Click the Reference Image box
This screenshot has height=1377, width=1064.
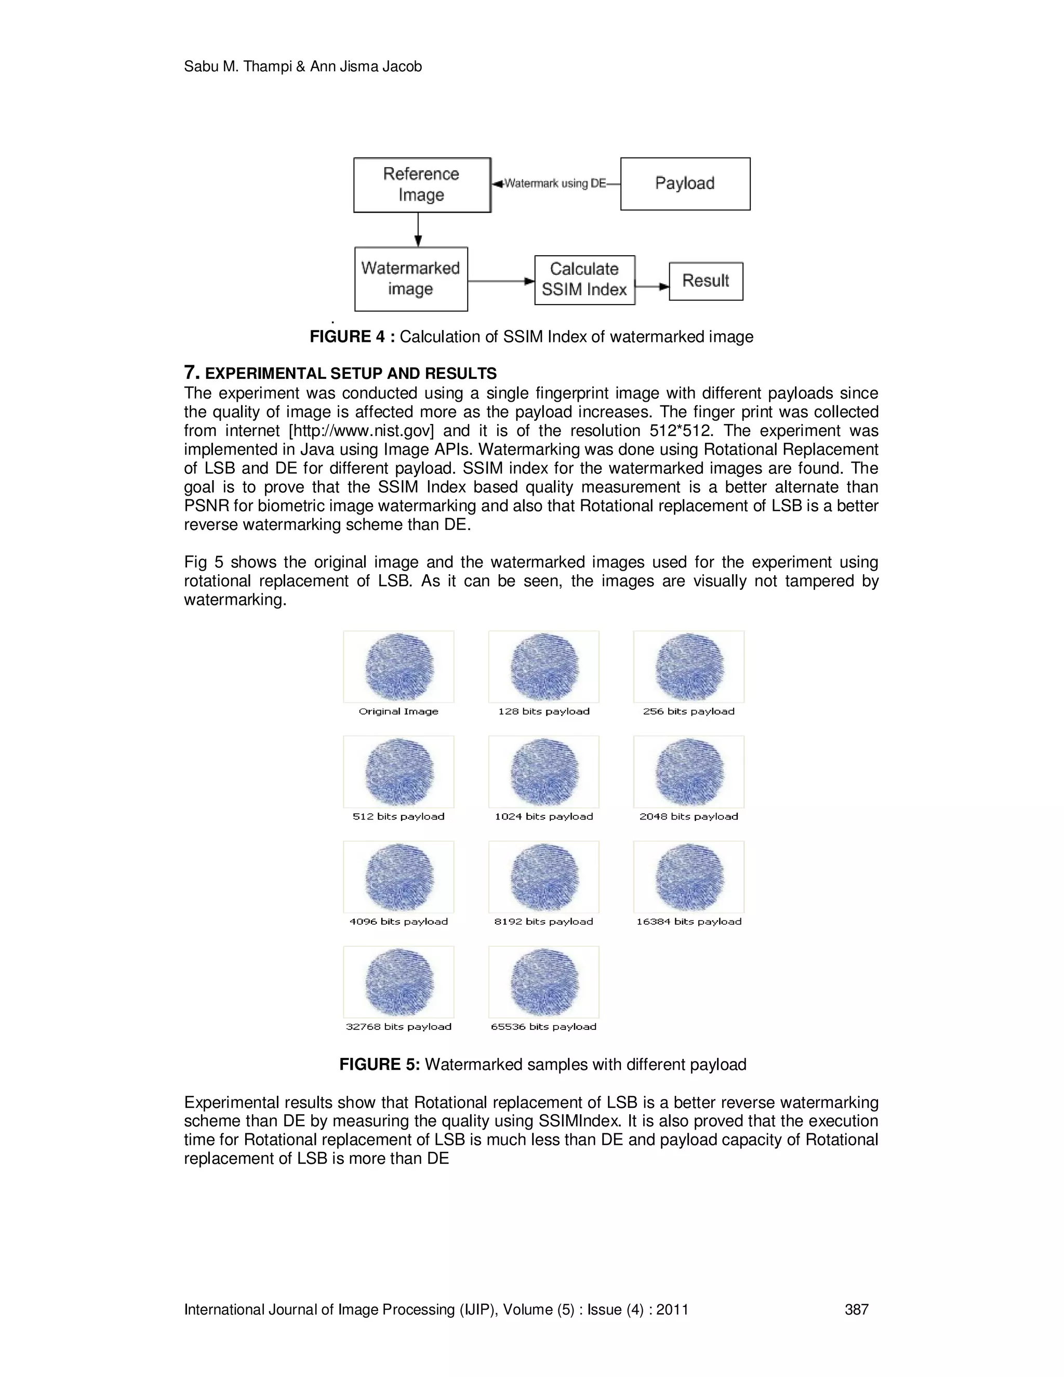point(422,185)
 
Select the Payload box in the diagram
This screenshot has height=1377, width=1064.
point(685,183)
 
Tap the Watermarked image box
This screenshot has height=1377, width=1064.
point(411,279)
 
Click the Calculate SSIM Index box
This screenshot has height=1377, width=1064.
point(584,280)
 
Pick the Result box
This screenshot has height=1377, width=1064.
point(706,281)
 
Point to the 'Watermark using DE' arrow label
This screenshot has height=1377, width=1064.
point(555,183)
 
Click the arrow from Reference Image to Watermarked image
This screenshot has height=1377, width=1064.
point(418,230)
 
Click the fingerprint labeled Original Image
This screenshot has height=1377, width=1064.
point(399,667)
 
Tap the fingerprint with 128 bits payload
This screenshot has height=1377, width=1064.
point(544,667)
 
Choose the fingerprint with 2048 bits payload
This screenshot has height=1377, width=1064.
point(689,772)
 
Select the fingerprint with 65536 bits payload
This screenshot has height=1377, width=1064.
point(544,982)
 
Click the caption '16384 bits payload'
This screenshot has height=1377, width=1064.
point(689,922)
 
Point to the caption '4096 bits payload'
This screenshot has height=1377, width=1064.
point(399,922)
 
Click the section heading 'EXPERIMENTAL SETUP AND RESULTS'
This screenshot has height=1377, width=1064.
point(351,374)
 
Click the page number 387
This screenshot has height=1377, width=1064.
point(856,1309)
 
